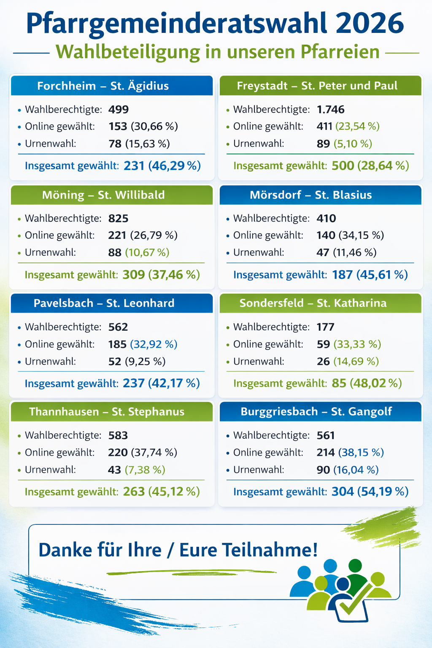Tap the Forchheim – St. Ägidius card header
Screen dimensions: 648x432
pyautogui.click(x=112, y=86)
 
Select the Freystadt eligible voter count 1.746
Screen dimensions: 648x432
pyautogui.click(x=330, y=110)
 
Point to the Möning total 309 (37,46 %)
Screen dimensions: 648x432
pyautogui.click(x=161, y=275)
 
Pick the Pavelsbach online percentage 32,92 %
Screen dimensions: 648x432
pyautogui.click(x=154, y=344)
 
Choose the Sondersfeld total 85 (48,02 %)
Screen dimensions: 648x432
pyautogui.click(x=366, y=383)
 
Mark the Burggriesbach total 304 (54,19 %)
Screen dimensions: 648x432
pyautogui.click(x=370, y=491)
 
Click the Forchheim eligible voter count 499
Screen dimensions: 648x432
pyautogui.click(x=119, y=110)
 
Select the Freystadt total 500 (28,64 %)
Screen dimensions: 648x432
pyautogui.click(x=370, y=165)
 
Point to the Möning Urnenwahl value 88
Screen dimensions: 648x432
pyautogui.click(x=115, y=253)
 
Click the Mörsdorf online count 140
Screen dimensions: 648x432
pyautogui.click(x=326, y=235)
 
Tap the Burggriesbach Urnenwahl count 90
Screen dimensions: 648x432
pyautogui.click(x=323, y=470)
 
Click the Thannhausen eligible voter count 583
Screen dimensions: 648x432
pyautogui.click(x=118, y=435)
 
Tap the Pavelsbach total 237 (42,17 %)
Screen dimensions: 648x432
pyautogui.click(x=161, y=383)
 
